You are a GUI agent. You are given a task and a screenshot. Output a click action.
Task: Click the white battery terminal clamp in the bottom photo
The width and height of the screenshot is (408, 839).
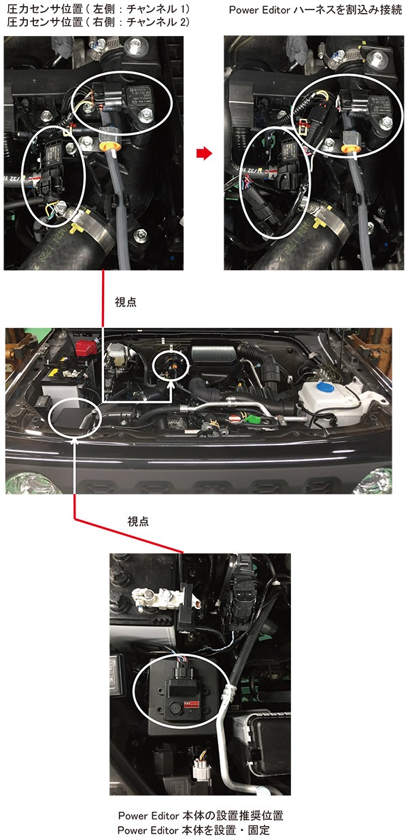[153, 598]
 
